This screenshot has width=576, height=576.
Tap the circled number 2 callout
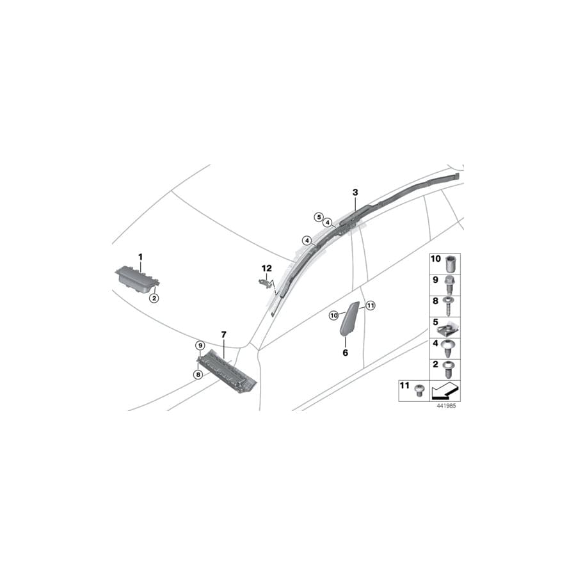pos(154,298)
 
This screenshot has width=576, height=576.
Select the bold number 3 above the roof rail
pos(355,192)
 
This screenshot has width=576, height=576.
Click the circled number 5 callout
pos(319,217)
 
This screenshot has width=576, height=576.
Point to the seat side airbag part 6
pos(349,319)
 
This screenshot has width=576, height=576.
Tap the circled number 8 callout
pos(198,374)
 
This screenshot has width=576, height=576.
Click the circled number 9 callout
pos(200,346)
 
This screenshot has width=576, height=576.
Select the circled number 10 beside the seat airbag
pos(333,315)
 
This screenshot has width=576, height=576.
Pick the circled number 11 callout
pos(371,305)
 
